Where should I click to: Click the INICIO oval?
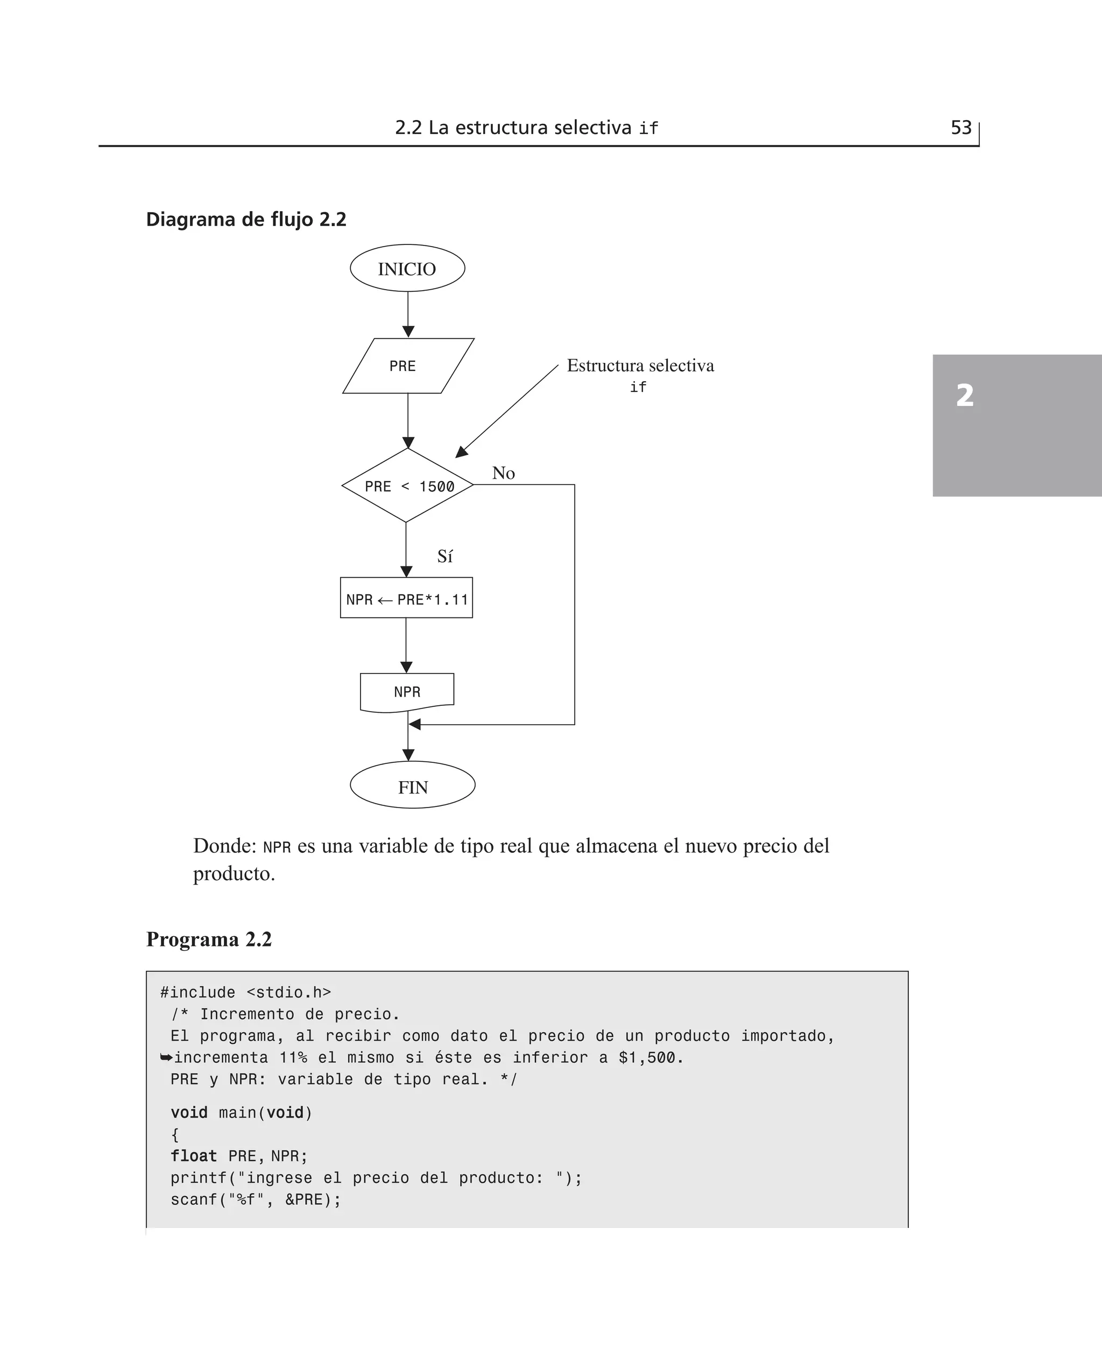[407, 269]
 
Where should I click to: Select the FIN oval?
[412, 785]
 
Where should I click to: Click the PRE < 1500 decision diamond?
[407, 486]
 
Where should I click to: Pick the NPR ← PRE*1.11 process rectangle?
[406, 598]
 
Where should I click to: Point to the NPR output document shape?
[407, 691]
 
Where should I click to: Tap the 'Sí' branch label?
[445, 556]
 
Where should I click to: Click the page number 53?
[961, 128]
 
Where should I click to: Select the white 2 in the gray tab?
[964, 396]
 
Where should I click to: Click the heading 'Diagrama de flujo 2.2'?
[246, 219]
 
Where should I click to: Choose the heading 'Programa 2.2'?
[209, 939]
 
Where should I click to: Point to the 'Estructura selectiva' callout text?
[640, 366]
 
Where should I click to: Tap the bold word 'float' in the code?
[194, 1156]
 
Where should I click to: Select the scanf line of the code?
[255, 1199]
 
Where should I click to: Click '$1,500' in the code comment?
[647, 1058]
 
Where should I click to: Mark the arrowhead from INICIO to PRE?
[408, 332]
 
